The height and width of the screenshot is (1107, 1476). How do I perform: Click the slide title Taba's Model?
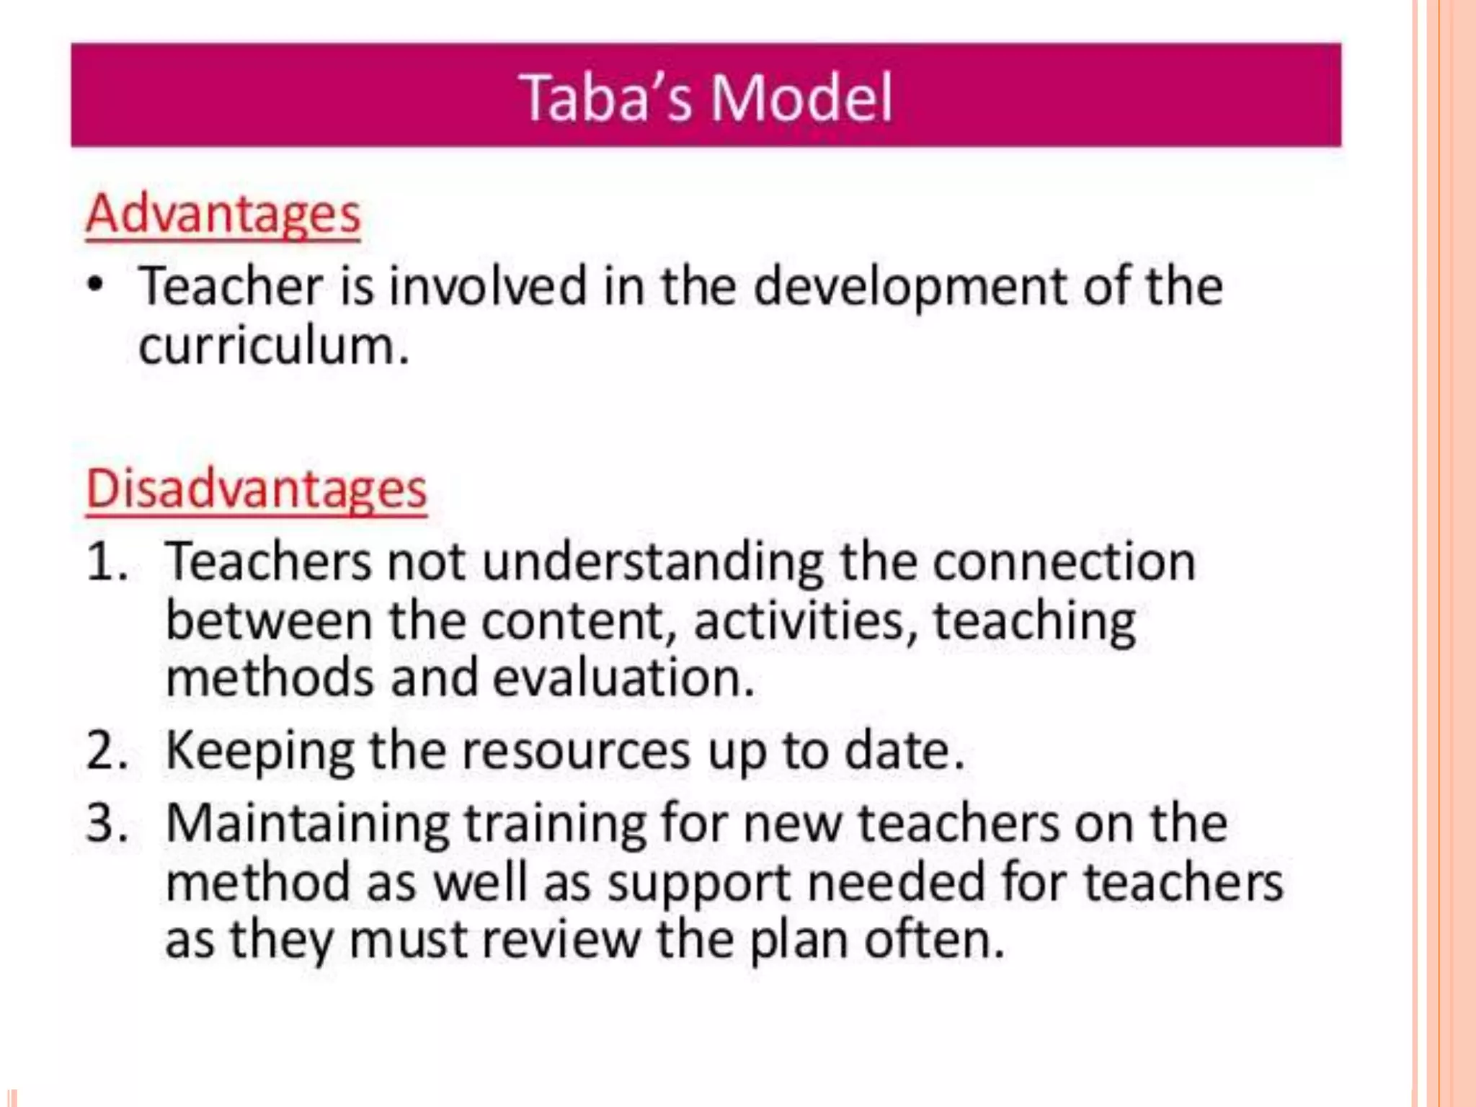706,97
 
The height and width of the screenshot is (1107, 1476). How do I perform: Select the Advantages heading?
223,215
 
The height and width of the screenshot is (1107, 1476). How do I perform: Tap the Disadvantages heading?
256,490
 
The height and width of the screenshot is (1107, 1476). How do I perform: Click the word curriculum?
273,347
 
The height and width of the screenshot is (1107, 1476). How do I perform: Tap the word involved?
488,286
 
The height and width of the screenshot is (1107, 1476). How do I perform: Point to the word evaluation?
623,679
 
